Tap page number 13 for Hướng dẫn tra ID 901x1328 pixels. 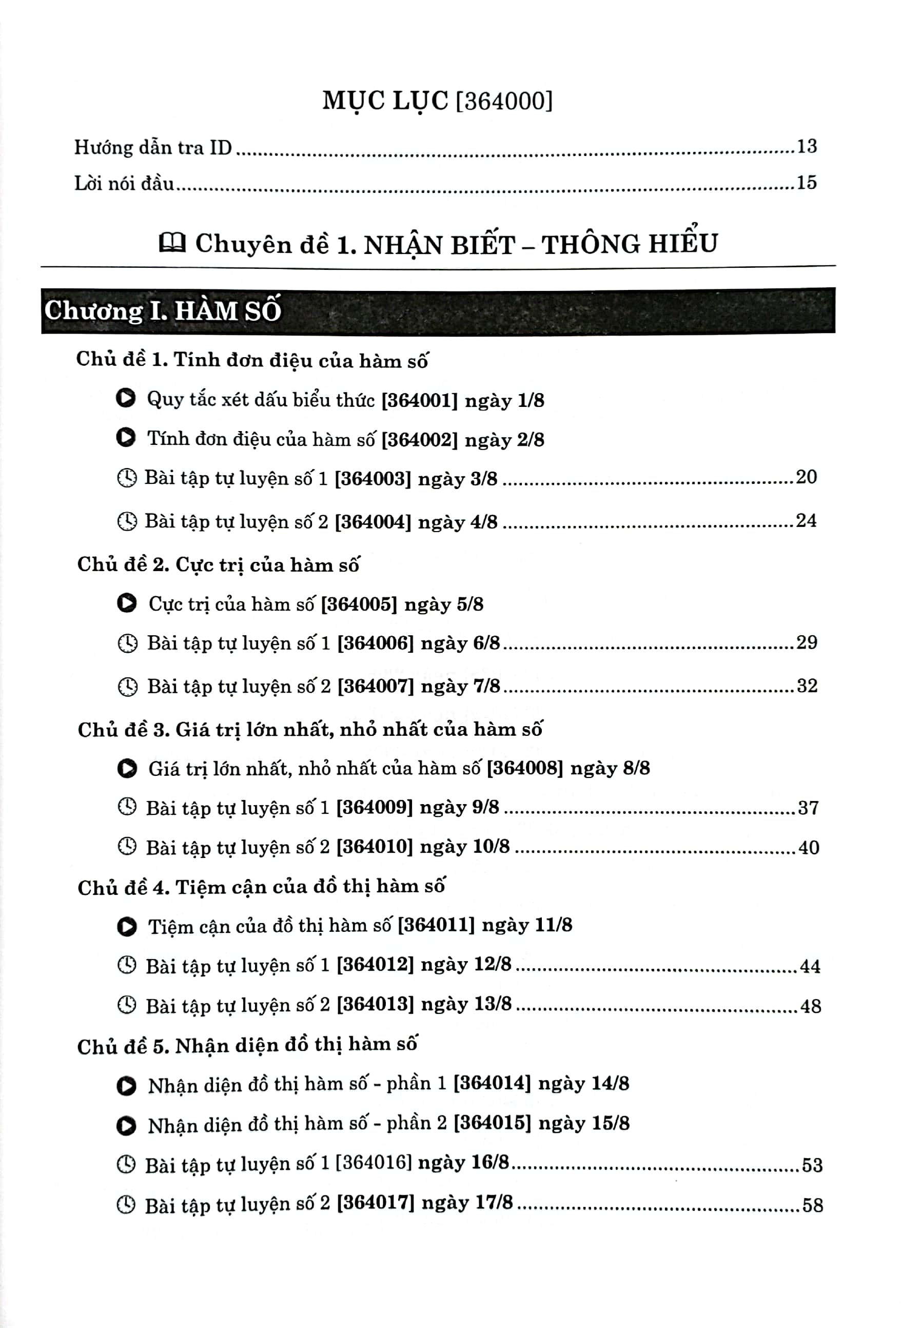click(x=807, y=147)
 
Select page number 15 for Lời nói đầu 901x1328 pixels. click(x=807, y=183)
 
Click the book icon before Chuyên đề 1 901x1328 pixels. click(x=172, y=243)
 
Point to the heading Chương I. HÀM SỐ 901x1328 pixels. click(x=163, y=311)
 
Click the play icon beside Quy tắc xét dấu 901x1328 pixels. click(x=126, y=398)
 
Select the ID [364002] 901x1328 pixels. click(x=419, y=439)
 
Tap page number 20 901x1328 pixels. click(x=806, y=477)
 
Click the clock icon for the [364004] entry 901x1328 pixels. click(x=127, y=521)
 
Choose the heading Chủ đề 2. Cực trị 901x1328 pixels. click(x=218, y=564)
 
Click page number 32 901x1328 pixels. click(x=807, y=686)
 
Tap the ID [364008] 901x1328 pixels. click(x=525, y=768)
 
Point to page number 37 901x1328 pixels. click(x=808, y=808)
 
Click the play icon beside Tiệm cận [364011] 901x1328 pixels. click(x=127, y=926)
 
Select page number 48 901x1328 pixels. click(x=810, y=1006)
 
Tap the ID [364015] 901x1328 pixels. click(x=492, y=1123)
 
